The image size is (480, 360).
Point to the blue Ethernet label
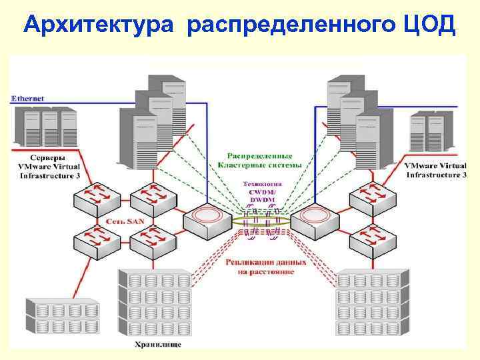[x=28, y=98]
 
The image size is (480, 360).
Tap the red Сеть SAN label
[x=125, y=221]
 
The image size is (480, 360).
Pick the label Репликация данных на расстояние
[x=266, y=267]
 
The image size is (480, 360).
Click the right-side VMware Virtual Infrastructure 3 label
[x=435, y=169]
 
